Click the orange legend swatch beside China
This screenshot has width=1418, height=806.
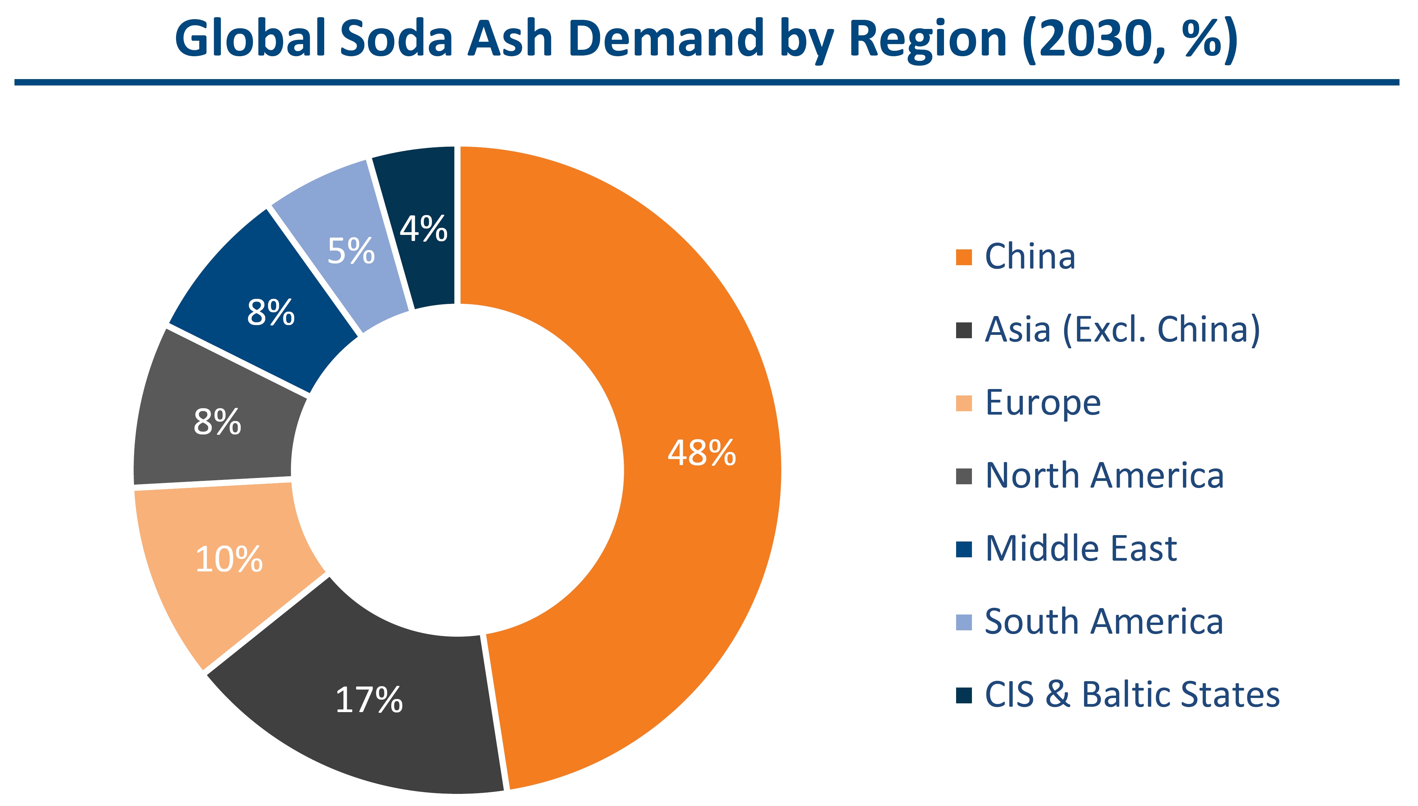[x=964, y=257]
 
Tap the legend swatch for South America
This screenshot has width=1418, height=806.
[x=964, y=622]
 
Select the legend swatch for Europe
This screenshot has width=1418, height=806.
[x=964, y=404]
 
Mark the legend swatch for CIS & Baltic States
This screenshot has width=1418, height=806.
[x=964, y=695]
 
